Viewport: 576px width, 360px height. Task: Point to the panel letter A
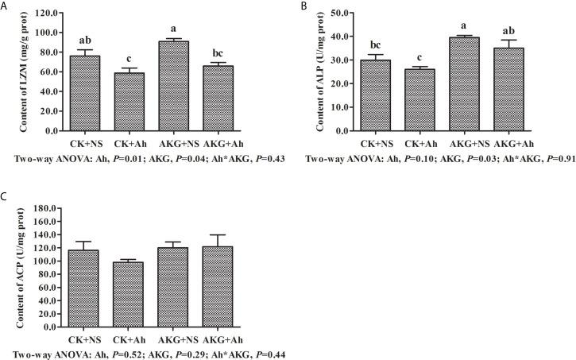click(5, 6)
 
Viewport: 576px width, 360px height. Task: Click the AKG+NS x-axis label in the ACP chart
click(175, 338)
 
